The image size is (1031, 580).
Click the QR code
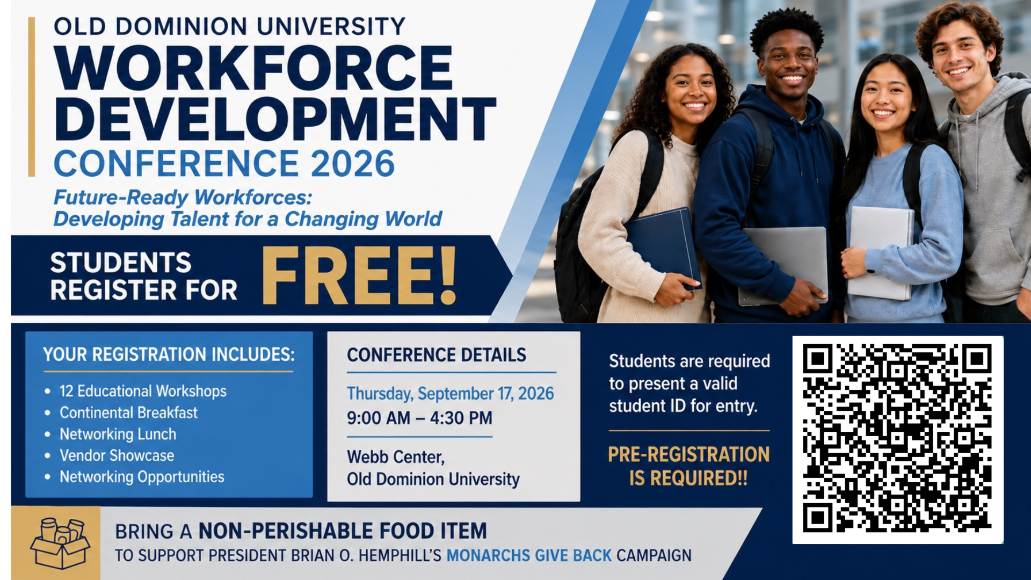coord(897,439)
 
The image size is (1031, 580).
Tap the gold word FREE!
coord(359,276)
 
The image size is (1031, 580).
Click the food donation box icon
coord(60,543)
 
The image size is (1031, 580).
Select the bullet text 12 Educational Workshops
coord(143,391)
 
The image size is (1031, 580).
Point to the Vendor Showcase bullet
coord(117,455)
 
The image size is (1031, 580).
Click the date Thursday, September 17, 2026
coord(450,393)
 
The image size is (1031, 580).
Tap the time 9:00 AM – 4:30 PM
coord(419,418)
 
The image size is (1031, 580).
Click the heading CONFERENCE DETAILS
coord(437,355)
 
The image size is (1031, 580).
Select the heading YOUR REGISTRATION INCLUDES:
coord(169,354)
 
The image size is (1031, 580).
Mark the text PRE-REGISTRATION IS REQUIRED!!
coord(688,466)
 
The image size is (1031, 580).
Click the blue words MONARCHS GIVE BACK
coord(529,555)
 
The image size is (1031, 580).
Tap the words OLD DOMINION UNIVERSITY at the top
coord(230,26)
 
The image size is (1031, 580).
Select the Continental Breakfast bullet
coord(128,412)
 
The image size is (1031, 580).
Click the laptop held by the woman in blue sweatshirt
coord(881,253)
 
